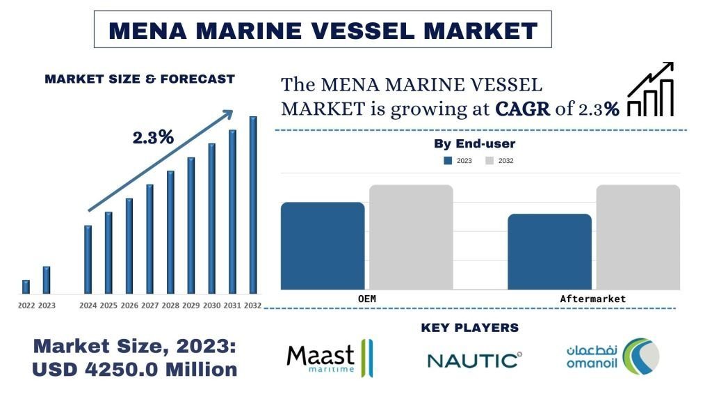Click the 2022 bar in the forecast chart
tap(26, 286)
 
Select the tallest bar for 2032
tap(253, 205)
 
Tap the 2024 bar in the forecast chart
tap(88, 259)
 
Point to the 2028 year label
tap(170, 306)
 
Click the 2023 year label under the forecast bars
tap(47, 306)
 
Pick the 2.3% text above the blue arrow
tap(153, 137)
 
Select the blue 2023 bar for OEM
tap(323, 245)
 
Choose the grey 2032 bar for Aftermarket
tap(638, 237)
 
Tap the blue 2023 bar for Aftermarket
tap(549, 251)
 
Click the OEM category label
tap(366, 299)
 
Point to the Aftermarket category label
tap(593, 299)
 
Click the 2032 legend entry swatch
tap(489, 161)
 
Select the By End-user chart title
tap(474, 144)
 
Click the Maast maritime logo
tap(330, 359)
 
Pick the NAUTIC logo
tap(474, 360)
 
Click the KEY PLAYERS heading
tap(470, 328)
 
